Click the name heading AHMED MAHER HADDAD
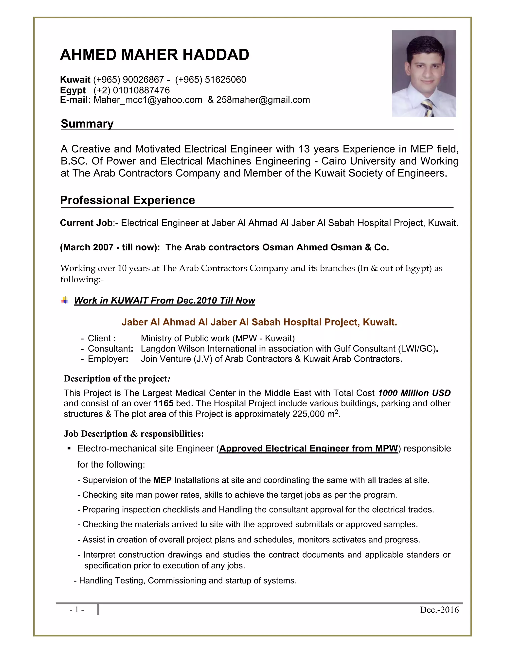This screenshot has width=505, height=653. pyautogui.click(x=154, y=55)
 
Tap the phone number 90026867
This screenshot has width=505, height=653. pyautogui.click(x=143, y=80)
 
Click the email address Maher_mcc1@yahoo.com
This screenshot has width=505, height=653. pyautogui.click(x=148, y=100)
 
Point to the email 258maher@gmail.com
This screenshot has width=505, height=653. pyautogui.click(x=263, y=100)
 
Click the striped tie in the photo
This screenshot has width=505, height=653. pyautogui.click(x=428, y=108)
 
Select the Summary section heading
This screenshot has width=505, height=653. pyautogui.click(x=87, y=123)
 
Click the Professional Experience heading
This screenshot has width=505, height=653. pyautogui.click(x=127, y=200)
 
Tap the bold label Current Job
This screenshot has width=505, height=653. pyautogui.click(x=86, y=223)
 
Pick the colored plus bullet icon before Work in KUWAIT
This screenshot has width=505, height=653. pyautogui.click(x=65, y=300)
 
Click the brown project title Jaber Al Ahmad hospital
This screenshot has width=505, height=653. pyautogui.click(x=259, y=322)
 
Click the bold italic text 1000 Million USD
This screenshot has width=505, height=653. pyautogui.click(x=414, y=393)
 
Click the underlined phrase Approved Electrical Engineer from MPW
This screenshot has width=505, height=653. pyautogui.click(x=308, y=448)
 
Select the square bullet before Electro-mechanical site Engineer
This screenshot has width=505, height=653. pyautogui.click(x=69, y=448)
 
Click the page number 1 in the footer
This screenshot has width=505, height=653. pyautogui.click(x=77, y=609)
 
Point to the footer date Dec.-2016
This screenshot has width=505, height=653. pyautogui.click(x=439, y=610)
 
